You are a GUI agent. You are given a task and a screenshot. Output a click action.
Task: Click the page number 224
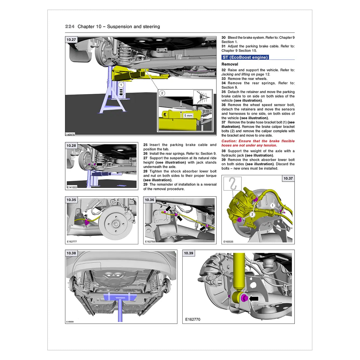70,26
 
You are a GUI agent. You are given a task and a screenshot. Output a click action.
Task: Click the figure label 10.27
71,40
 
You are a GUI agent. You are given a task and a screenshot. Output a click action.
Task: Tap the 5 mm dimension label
188,116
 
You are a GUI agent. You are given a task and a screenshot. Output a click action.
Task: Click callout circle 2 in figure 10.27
162,93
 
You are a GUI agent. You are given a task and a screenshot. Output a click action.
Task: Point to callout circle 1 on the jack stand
121,85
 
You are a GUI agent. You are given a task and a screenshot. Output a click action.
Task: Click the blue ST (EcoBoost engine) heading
245,57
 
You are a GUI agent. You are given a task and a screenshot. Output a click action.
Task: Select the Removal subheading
230,64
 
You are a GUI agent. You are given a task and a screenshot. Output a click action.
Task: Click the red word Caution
229,141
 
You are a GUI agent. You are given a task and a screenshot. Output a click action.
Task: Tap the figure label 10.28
71,146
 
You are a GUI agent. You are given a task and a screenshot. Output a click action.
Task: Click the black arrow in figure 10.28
99,164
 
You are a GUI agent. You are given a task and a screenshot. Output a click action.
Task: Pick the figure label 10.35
71,200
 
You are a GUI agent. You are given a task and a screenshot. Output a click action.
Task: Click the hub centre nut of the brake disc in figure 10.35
116,223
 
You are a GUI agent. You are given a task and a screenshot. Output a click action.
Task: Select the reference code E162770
193,319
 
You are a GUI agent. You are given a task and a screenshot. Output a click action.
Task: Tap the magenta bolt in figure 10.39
244,298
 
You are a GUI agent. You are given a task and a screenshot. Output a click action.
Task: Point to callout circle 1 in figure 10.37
272,206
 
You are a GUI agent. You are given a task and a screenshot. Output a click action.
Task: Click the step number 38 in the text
223,151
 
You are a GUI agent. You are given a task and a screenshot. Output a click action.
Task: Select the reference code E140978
70,134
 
